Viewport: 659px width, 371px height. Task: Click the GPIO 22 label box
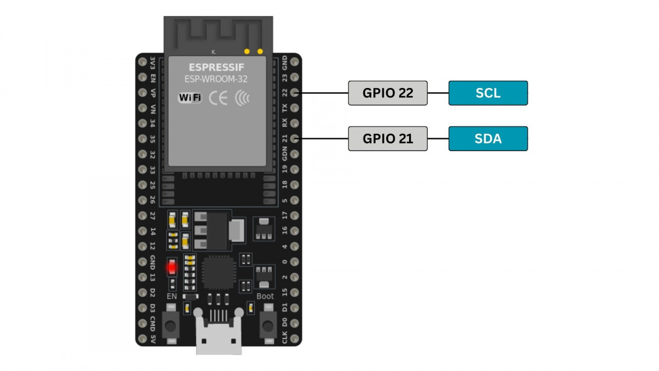[388, 93]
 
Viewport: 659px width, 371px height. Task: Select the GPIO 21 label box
[388, 139]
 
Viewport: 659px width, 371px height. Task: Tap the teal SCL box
[488, 93]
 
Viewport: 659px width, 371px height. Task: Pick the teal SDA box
[488, 139]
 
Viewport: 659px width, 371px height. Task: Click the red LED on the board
[172, 268]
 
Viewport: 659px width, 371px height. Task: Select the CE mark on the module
[218, 98]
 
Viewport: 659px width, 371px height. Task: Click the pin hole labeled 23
[295, 77]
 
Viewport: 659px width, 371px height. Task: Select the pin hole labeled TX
[295, 108]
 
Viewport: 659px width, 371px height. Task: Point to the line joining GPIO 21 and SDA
[438, 139]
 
